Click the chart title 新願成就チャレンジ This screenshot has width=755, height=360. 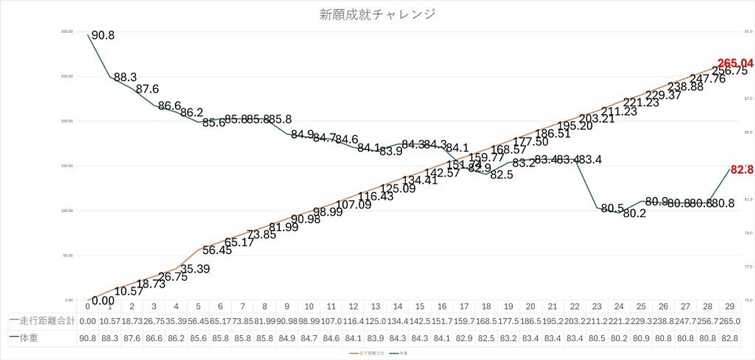(x=377, y=13)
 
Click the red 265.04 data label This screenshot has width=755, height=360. (x=735, y=63)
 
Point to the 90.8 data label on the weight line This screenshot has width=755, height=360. (x=103, y=36)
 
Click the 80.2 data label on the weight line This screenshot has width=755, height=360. (x=634, y=213)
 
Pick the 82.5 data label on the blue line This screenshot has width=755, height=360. (x=501, y=175)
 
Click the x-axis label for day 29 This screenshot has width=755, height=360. (x=730, y=307)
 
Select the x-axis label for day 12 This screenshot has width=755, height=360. (x=354, y=307)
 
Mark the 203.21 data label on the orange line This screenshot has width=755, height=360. (x=597, y=118)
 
